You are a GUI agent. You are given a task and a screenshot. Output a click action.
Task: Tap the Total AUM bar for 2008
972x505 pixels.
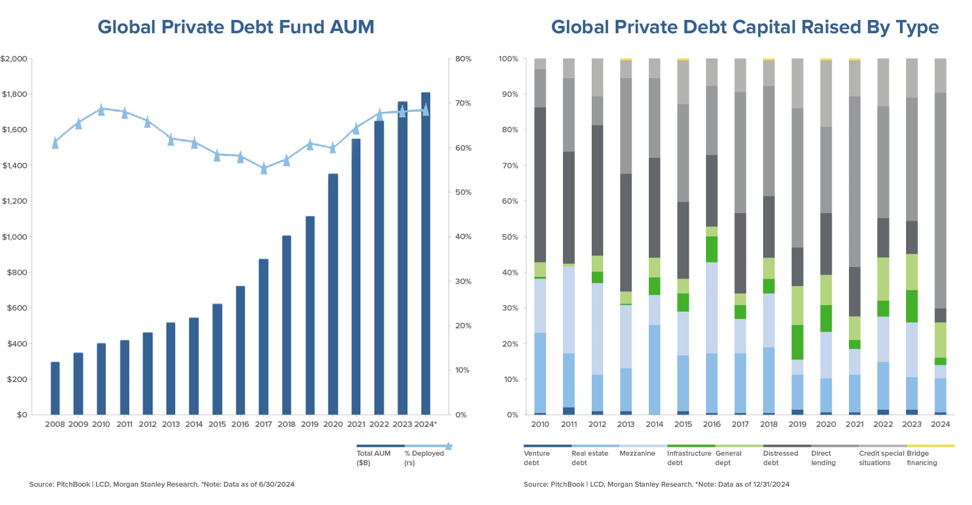55,388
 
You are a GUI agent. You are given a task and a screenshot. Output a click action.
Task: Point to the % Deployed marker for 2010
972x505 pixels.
101,109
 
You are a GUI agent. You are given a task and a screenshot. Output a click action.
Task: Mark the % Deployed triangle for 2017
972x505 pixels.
264,168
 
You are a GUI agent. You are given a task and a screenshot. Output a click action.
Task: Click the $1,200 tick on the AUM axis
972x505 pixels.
14,201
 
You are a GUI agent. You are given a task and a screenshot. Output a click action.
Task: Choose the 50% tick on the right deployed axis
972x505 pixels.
463,192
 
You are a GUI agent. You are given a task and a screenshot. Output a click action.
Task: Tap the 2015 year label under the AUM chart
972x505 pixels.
217,424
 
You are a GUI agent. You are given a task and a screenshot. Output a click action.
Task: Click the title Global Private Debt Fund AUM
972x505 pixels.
236,27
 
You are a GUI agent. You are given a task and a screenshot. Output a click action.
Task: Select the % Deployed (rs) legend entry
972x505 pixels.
424,457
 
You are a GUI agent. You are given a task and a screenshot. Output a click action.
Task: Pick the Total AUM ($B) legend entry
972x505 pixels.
374,457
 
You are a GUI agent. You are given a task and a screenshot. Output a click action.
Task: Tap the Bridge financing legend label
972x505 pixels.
922,457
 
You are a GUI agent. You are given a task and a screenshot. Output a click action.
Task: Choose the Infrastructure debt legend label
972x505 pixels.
689,457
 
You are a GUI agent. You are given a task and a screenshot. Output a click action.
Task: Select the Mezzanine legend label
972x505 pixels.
637,454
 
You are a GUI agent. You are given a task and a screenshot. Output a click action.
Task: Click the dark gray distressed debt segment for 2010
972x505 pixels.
540,184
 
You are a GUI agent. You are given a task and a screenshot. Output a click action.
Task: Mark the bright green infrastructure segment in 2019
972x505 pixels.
797,342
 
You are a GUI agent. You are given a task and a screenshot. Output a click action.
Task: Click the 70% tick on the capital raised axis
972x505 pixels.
510,166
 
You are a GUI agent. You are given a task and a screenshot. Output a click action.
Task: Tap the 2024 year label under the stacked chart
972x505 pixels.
940,424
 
